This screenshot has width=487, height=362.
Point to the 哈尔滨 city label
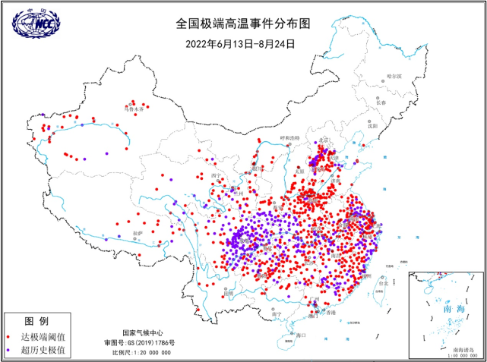click(x=394, y=76)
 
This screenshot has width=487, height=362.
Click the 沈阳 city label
click(x=372, y=126)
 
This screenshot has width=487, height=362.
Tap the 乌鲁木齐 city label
click(x=135, y=109)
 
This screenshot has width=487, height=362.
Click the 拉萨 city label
click(x=138, y=233)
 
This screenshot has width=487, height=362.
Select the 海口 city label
click(x=300, y=334)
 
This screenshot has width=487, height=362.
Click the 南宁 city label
click(x=277, y=313)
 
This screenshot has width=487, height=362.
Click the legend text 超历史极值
click(x=44, y=350)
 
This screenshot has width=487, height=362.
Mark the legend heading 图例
click(x=36, y=321)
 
